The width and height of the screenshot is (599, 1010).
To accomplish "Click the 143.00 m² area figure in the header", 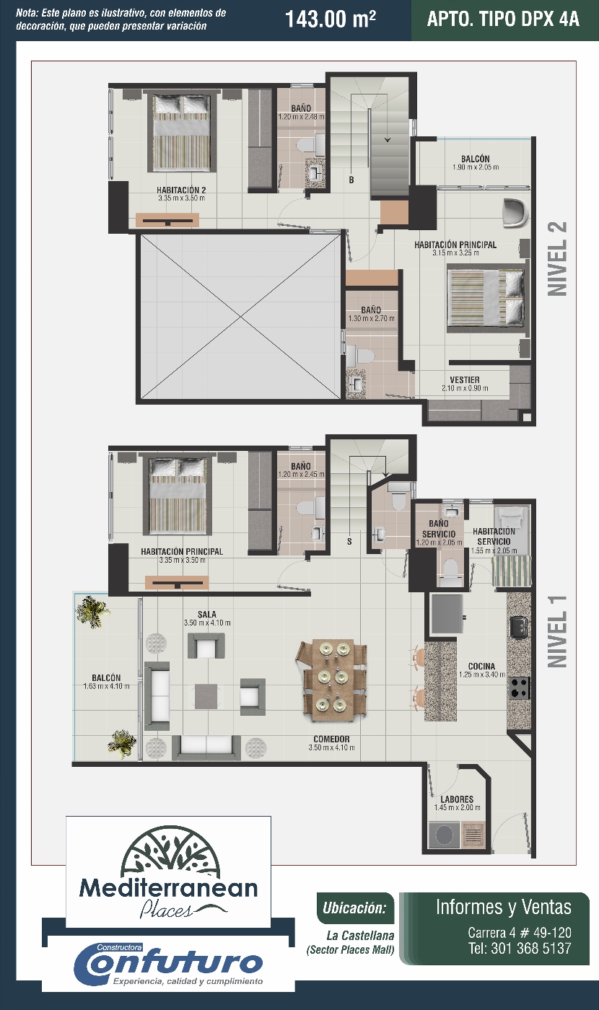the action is tap(331, 19).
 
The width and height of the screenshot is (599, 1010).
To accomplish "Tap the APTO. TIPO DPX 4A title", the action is tap(503, 19).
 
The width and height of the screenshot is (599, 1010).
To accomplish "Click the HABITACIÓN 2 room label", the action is tap(181, 190).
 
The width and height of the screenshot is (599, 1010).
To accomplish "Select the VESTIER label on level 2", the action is tap(465, 380).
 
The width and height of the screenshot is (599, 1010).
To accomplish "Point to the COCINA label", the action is tap(482, 667).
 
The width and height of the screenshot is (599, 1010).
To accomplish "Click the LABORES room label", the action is tap(457, 799).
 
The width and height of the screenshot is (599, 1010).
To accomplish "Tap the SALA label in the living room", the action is tap(207, 615).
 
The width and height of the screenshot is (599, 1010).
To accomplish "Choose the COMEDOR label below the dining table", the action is tap(331, 739).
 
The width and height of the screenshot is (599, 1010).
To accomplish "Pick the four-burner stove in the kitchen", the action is tap(519, 688).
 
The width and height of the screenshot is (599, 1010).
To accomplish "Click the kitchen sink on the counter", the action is tap(520, 627).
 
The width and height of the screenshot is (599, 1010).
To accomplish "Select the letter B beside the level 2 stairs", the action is tap(351, 180).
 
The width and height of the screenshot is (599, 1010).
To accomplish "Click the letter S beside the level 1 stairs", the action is tap(349, 542).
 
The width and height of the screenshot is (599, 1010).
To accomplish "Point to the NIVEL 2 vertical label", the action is tap(557, 259).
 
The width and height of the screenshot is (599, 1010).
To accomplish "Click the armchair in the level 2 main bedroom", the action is tap(515, 212).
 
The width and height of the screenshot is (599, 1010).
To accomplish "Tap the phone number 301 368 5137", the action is tap(531, 948).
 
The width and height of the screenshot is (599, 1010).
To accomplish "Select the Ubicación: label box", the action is tap(355, 908).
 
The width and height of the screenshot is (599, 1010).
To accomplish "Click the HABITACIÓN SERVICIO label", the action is tap(494, 537).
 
